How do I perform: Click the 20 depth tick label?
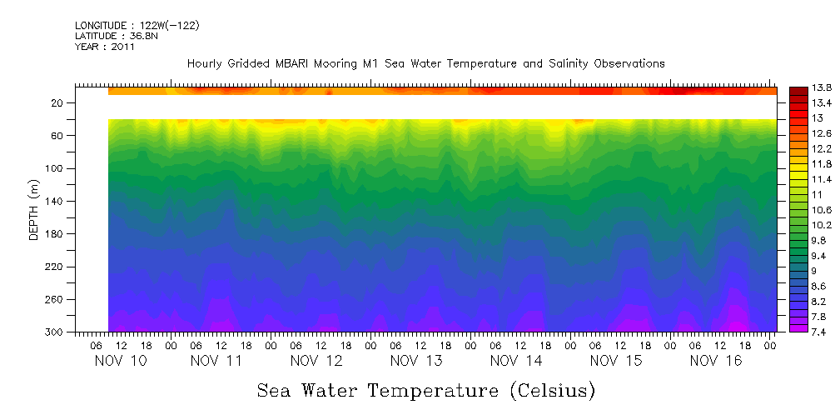[58, 103]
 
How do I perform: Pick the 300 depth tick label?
[55, 332]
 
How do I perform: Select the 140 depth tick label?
[55, 202]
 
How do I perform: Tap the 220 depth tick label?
[55, 267]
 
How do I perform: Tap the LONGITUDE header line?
[137, 26]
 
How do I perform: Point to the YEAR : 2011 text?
[104, 47]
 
